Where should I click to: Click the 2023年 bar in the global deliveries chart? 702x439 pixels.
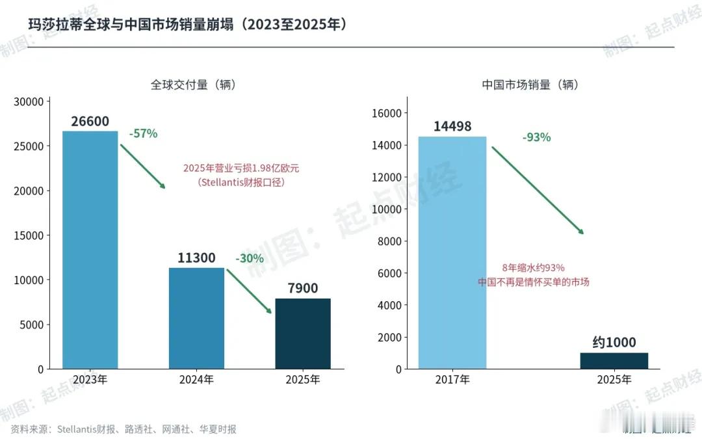[90, 250]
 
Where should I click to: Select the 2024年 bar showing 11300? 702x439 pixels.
[196, 319]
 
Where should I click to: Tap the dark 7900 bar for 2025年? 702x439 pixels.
[303, 334]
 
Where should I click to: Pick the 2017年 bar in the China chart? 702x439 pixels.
[452, 252]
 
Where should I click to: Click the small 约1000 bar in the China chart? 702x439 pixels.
[614, 361]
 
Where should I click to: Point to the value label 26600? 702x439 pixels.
[90, 122]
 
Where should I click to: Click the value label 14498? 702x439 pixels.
[452, 126]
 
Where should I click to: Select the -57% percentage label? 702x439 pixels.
[143, 133]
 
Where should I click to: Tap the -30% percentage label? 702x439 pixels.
[250, 258]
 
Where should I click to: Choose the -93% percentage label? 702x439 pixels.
[536, 137]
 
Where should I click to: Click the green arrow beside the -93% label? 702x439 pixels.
[538, 191]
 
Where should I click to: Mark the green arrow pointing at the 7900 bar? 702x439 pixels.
[249, 291]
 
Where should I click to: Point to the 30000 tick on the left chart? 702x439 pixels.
[29, 101]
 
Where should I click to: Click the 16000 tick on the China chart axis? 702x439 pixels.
[386, 113]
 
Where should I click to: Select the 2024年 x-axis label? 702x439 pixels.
[196, 380]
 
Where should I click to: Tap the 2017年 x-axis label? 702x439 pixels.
[452, 380]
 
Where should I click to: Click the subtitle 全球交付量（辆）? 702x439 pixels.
[194, 85]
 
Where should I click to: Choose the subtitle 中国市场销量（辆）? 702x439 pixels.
[530, 85]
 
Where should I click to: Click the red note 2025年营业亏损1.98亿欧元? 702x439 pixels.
[241, 168]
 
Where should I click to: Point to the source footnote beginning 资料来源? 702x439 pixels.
[123, 429]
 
